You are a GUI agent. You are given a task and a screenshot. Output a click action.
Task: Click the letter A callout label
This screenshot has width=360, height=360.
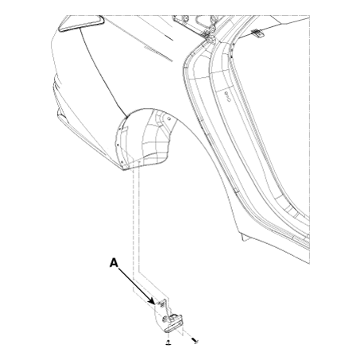pyautogui.click(x=114, y=263)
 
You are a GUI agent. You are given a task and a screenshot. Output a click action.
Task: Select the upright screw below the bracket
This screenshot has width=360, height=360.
pyautogui.click(x=168, y=343)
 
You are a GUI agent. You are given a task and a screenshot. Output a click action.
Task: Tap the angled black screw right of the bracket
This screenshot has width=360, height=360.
pyautogui.click(x=195, y=341)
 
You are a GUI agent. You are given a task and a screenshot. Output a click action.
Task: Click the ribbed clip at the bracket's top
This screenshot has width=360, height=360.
pyautogui.click(x=161, y=304)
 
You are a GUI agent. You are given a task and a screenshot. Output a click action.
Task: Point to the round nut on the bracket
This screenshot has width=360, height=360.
pyautogui.click(x=165, y=319)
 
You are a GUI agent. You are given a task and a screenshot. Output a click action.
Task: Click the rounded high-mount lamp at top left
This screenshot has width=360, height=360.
pyautogui.click(x=81, y=24)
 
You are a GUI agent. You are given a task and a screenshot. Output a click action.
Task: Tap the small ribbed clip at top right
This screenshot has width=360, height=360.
pyautogui.click(x=257, y=33)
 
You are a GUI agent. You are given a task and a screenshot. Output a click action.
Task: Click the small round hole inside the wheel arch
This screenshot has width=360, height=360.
pyautogui.click(x=169, y=118)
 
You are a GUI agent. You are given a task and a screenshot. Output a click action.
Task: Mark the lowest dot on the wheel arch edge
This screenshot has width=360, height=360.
pyautogui.click(x=121, y=161)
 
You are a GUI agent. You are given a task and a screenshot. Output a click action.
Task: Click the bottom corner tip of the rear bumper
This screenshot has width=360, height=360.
pyautogui.click(x=123, y=169)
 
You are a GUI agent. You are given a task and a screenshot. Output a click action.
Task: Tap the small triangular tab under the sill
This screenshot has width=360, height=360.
pyautogui.click(x=246, y=238)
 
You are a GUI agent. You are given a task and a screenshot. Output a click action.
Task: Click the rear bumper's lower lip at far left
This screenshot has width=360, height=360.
pyautogui.click(x=60, y=114)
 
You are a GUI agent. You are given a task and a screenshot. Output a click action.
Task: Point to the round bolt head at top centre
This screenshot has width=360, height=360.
pyautogui.click(x=186, y=18)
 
